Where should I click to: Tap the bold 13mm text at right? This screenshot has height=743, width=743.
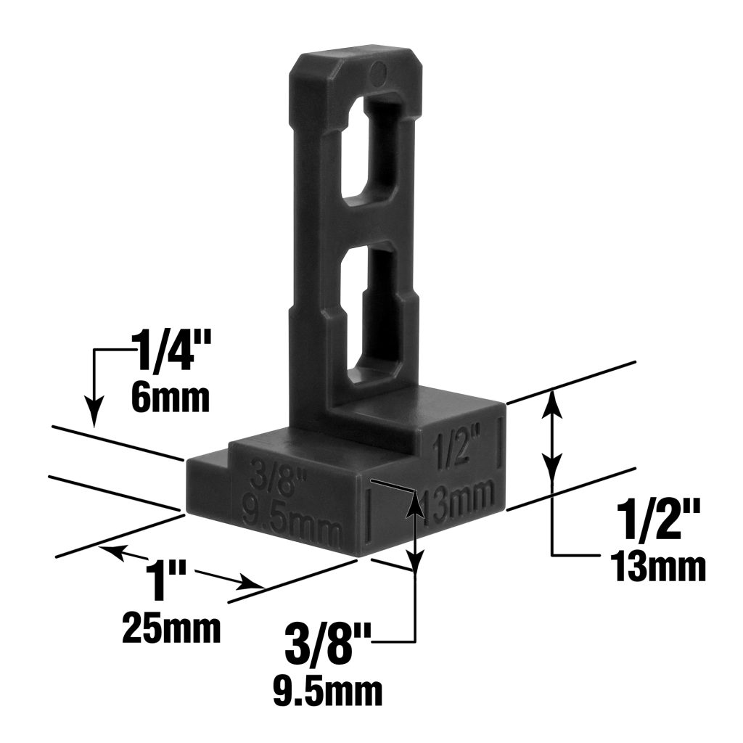(x=657, y=567)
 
